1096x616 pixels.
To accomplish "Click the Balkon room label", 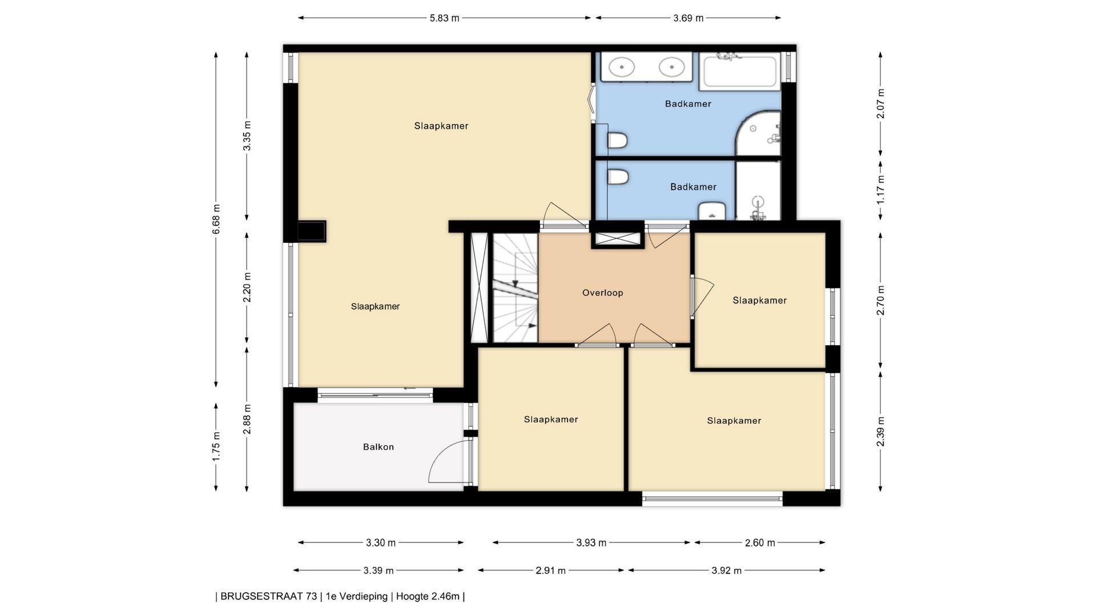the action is coord(378,447).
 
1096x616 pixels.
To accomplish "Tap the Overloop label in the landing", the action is coord(602,293).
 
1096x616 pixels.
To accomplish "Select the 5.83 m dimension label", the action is coord(444,18).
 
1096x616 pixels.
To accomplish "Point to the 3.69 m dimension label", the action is coord(688,18).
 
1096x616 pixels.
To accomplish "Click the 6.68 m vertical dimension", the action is coord(216,219).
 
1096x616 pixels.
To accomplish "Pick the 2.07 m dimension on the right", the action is coord(880,104).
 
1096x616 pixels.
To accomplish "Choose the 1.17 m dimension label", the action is coord(880,190).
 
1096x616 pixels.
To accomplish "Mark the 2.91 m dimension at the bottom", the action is coord(551,570).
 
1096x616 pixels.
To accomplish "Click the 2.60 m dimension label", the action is coord(760,542).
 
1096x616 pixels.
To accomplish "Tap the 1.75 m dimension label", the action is coord(216,447).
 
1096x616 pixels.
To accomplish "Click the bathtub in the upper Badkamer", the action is coord(740,71).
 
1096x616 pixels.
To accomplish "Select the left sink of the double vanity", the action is coord(622,67).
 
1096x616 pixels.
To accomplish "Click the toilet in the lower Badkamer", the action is coord(617,177).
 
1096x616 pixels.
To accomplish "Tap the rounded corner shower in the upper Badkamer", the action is coord(757,133).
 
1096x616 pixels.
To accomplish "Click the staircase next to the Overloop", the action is coord(515,287).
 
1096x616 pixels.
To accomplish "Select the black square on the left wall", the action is coord(311,232).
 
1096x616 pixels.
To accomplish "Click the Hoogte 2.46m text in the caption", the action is coord(428,597).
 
